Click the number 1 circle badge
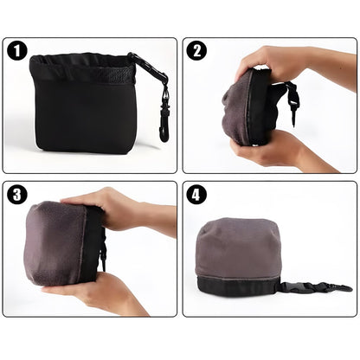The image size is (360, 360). pyautogui.click(x=17, y=51)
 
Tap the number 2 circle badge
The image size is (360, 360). pyautogui.click(x=196, y=51)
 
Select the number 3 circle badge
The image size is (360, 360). pyautogui.click(x=17, y=195)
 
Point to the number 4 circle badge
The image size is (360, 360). pyautogui.click(x=196, y=195)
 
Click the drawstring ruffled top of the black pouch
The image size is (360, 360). pyautogui.click(x=82, y=68)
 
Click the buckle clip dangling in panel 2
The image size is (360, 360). pyautogui.click(x=292, y=102)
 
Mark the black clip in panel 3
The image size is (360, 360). pyautogui.click(x=101, y=257)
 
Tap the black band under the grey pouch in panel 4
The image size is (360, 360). pyautogui.click(x=238, y=286)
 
